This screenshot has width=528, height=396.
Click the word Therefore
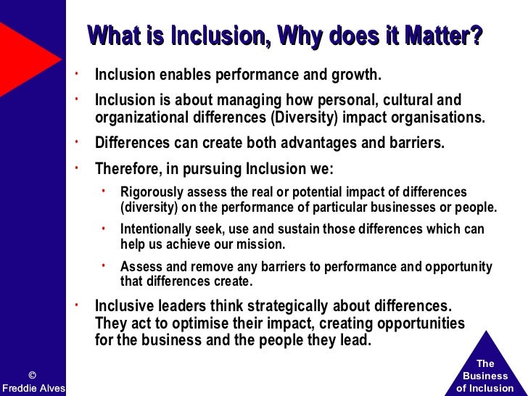pos(127,169)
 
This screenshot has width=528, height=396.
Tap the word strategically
pos(288,305)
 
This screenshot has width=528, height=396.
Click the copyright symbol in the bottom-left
pos(32,375)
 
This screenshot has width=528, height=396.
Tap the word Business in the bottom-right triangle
pos(485,376)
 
